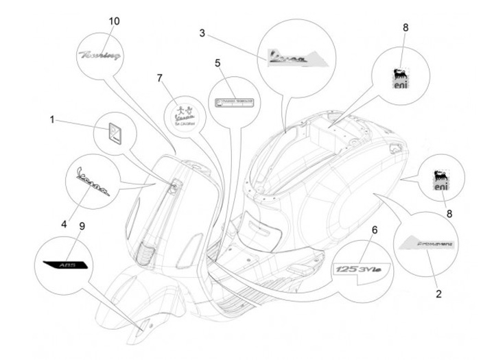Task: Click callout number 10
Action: click(114, 21)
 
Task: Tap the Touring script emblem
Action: click(100, 53)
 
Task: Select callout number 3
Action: click(203, 33)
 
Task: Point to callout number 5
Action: click(217, 64)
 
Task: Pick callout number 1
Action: click(52, 119)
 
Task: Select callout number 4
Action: click(64, 224)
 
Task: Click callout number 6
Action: click(375, 229)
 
